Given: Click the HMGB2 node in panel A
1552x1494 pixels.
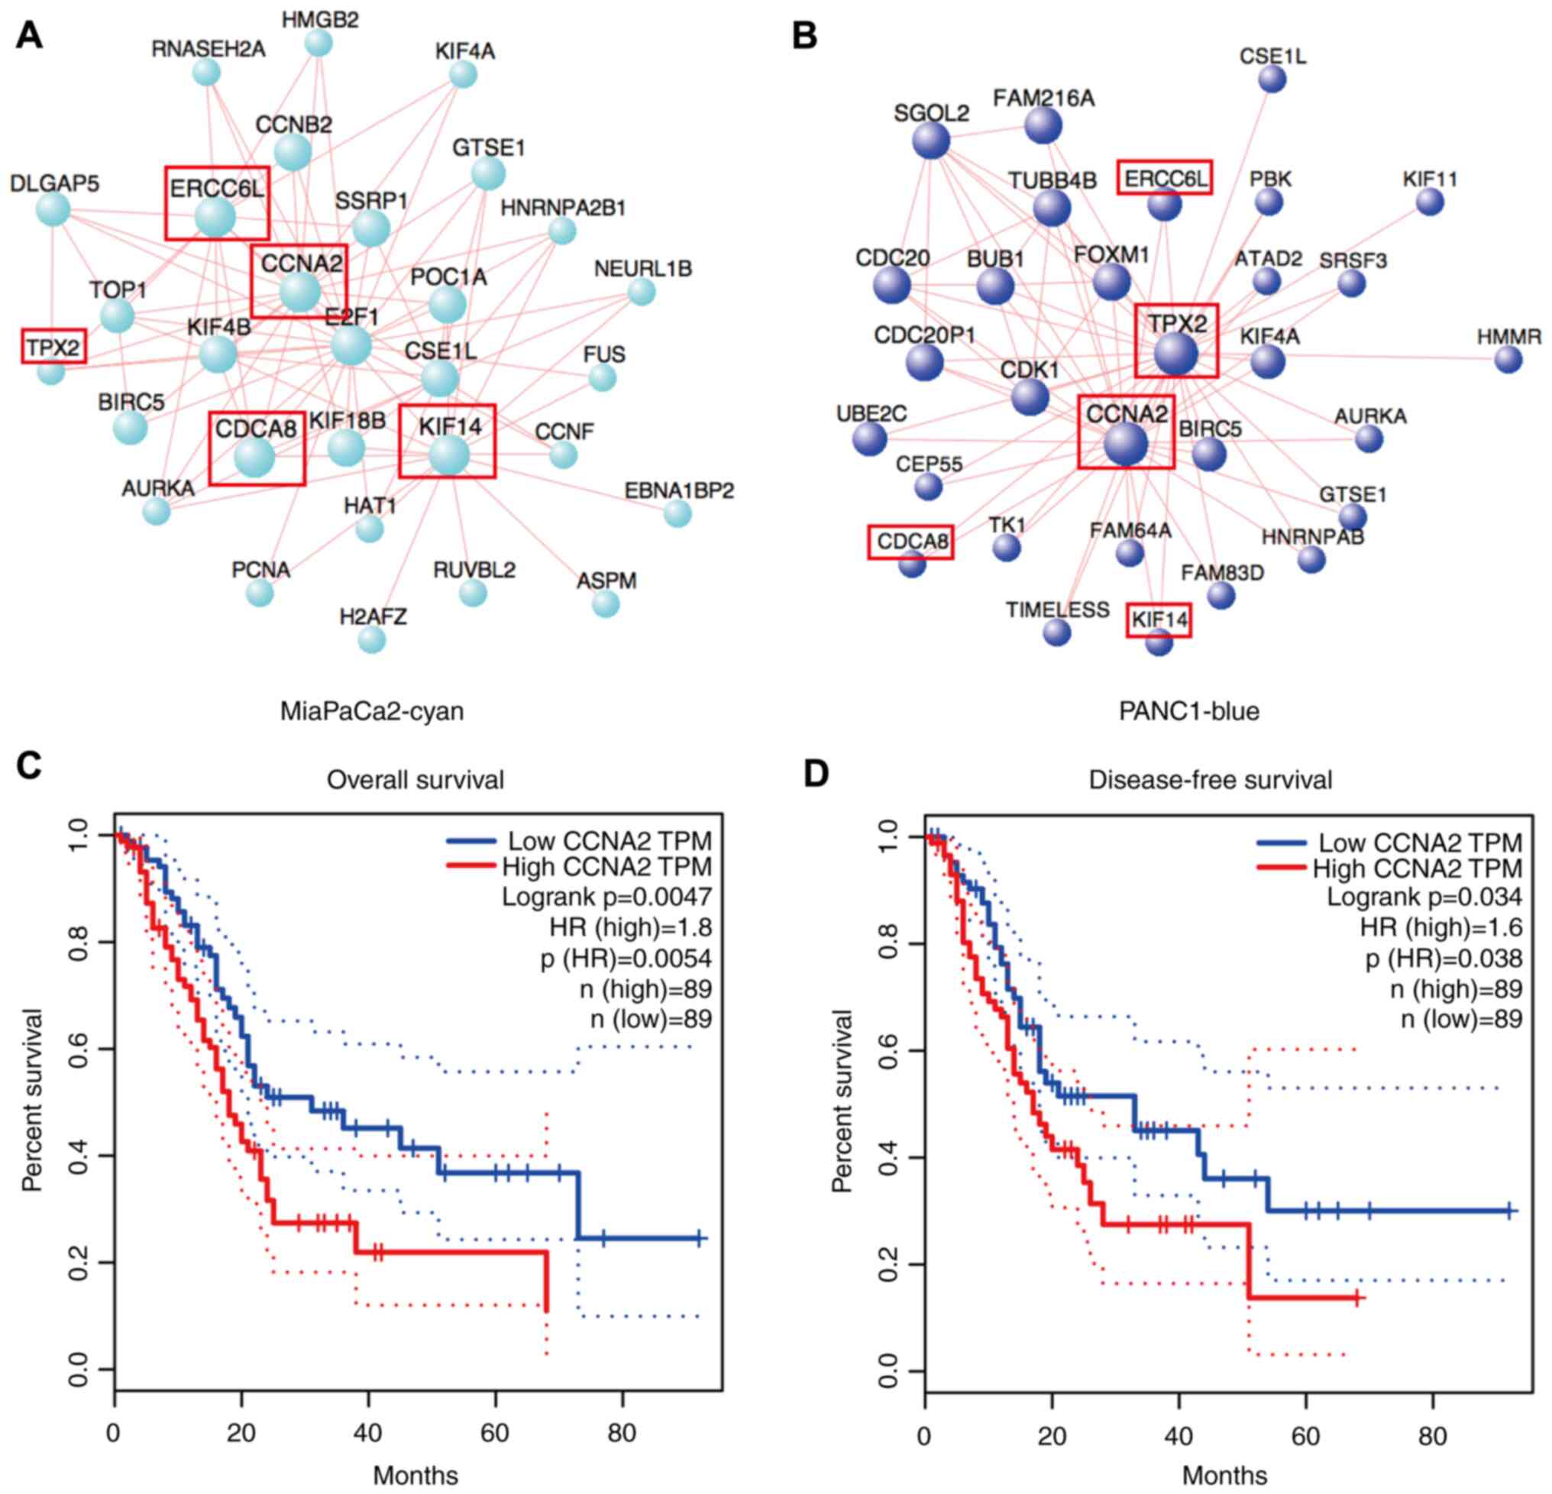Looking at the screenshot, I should tap(318, 43).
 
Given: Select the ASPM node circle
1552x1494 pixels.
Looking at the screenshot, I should tap(606, 604).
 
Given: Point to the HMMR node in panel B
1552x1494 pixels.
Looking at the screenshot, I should tap(1508, 361).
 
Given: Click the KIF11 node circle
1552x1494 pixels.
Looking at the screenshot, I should tap(1430, 202).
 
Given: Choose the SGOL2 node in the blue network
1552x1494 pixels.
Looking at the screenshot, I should tap(931, 142).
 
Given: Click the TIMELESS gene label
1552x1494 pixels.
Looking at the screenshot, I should tap(1057, 610).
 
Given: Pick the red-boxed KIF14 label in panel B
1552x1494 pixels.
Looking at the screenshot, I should tap(1159, 620).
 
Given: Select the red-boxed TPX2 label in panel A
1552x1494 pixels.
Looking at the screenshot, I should tap(53, 347).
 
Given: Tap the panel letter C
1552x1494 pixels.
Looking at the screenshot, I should tap(29, 766).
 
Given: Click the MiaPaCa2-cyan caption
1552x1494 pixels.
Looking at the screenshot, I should tap(371, 711).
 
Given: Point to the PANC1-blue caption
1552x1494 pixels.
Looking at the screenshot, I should tap(1188, 711).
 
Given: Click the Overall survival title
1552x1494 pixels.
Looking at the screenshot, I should tap(415, 780).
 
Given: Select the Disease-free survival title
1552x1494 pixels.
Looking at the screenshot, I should tap(1210, 780).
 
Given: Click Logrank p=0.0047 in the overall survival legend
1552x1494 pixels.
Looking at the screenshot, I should tap(606, 897).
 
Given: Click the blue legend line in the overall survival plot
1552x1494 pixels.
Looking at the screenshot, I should tap(472, 841).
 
